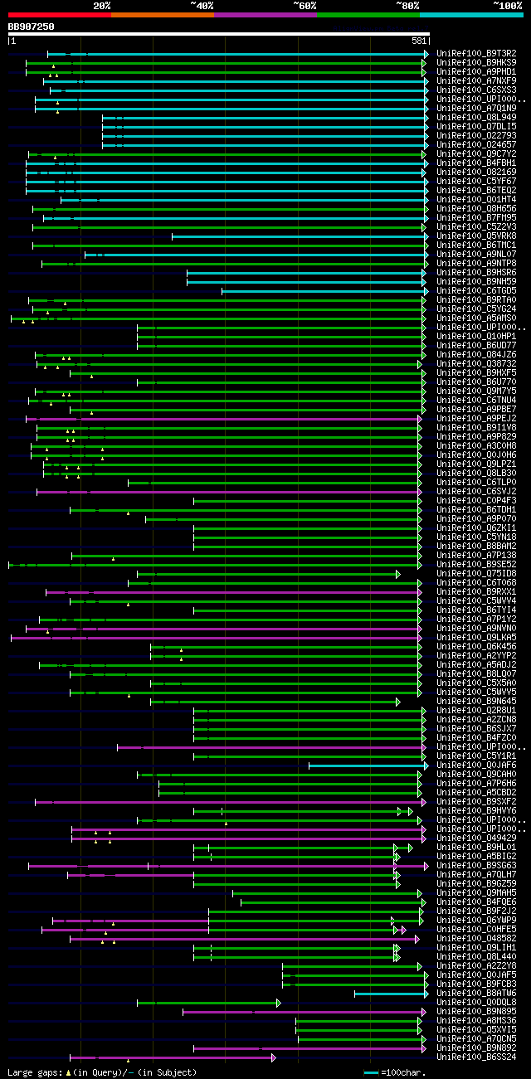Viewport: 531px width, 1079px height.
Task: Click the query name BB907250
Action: click(x=31, y=27)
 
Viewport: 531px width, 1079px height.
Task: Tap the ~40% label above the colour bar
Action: click(x=202, y=6)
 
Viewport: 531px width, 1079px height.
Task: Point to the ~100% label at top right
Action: click(x=507, y=6)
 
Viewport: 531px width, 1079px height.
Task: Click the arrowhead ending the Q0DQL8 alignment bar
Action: click(x=279, y=1002)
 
